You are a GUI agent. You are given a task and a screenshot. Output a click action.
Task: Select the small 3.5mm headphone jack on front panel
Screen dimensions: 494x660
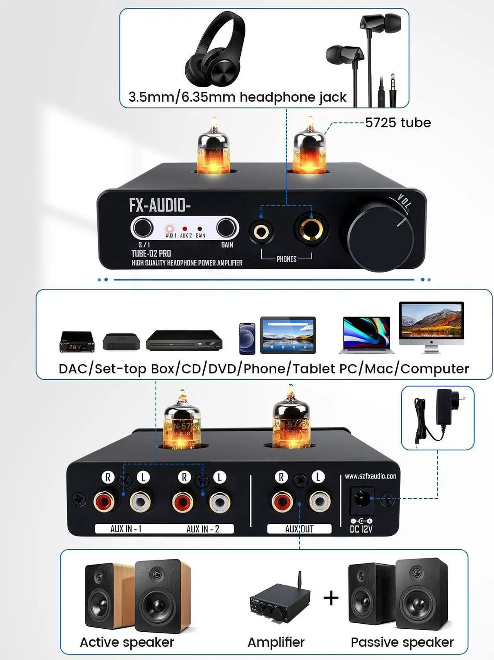[x=261, y=232]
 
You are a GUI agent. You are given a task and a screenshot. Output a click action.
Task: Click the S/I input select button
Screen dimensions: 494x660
[x=142, y=228]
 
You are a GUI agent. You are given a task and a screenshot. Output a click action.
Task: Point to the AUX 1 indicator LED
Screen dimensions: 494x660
[x=170, y=229]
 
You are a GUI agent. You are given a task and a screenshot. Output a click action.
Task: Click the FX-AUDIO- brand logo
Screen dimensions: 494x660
[x=160, y=205]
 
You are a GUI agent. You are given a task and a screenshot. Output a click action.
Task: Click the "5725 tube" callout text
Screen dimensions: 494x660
[x=398, y=123]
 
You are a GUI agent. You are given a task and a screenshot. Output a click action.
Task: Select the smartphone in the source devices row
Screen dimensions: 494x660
[x=247, y=338]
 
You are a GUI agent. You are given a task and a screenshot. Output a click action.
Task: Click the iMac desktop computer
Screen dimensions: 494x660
[x=431, y=326]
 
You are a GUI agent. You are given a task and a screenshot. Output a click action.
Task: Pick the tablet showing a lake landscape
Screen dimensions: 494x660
[x=288, y=335]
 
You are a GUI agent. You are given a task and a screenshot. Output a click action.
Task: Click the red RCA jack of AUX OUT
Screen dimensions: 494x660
[x=282, y=502]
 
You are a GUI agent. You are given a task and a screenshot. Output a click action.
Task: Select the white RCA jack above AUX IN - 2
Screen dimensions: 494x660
[x=220, y=502]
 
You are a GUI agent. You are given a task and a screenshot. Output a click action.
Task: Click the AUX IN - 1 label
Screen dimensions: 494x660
[x=126, y=529]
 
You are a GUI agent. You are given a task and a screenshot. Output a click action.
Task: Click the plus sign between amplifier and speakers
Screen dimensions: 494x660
[x=331, y=598]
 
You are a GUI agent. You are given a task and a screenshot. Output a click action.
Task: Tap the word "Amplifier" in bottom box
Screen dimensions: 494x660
[x=276, y=642]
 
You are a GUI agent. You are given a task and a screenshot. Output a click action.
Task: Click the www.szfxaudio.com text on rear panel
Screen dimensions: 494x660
[x=370, y=476]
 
